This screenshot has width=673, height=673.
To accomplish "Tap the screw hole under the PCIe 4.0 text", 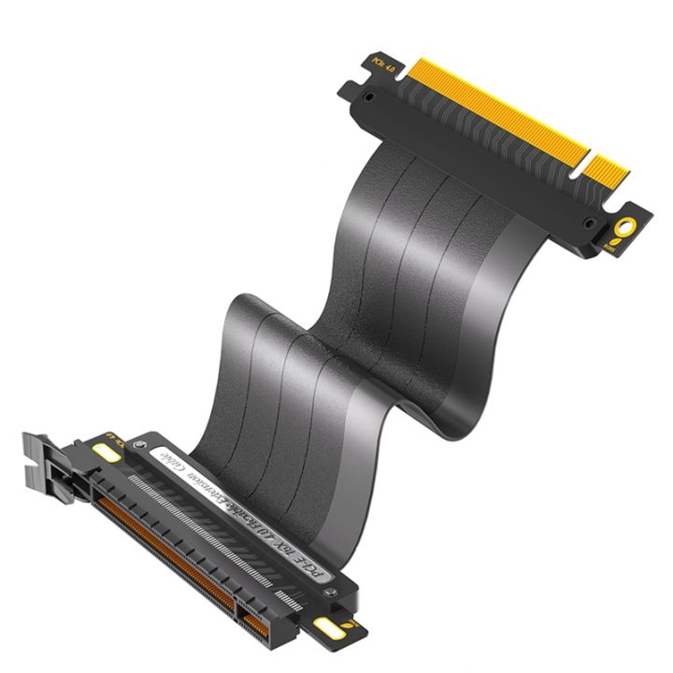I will click(x=370, y=96).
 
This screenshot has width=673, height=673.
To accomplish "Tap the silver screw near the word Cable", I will click(x=140, y=445).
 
